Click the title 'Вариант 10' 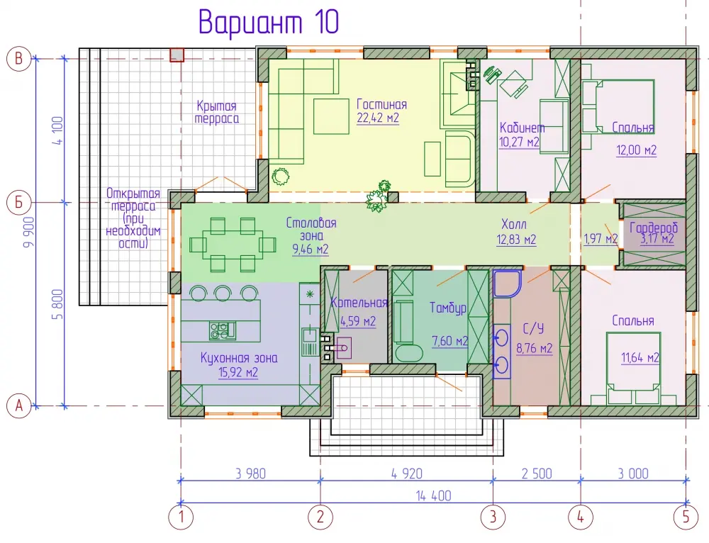coord(269,22)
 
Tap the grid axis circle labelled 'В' coord(18,58)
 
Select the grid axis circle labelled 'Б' coord(18,202)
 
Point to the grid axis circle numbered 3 coord(493,516)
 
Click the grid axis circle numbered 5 coord(686,516)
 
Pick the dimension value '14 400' coord(434,496)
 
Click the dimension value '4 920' coord(406,474)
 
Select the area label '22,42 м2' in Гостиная coord(378,118)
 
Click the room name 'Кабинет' coord(522,128)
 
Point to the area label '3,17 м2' coord(657,239)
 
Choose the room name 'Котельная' coord(359,303)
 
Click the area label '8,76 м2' coord(535,349)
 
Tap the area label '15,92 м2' coord(238,373)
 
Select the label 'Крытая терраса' coord(216,112)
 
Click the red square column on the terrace coord(177,55)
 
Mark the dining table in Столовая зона coord(233,244)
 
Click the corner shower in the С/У coord(508,284)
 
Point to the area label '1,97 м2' coord(601,238)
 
